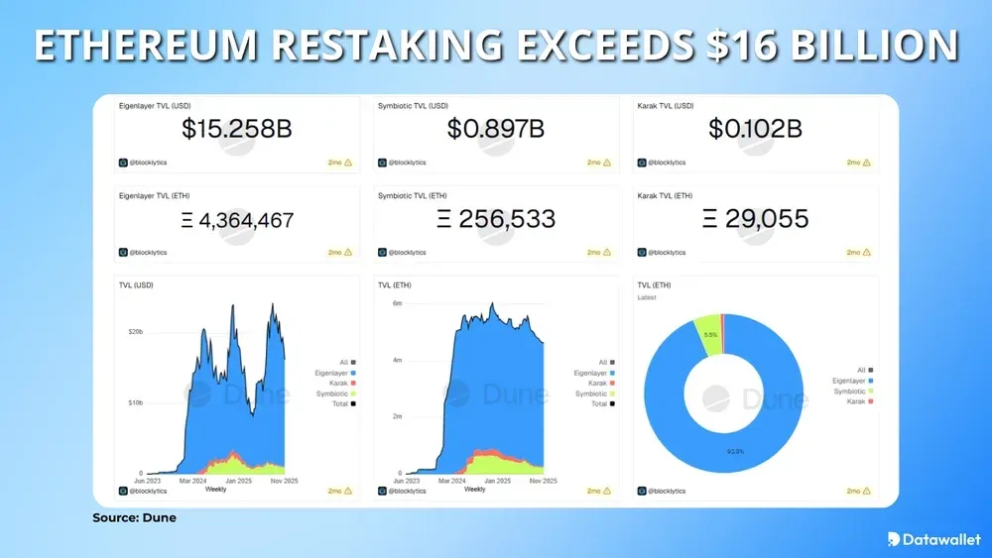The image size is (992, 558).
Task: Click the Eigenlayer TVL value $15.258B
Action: tap(237, 128)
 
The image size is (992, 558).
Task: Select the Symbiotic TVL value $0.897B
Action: tap(495, 128)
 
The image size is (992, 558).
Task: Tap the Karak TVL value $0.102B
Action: tap(755, 128)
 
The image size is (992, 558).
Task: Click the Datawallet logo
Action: tap(932, 538)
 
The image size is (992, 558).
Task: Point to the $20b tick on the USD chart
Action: tap(137, 331)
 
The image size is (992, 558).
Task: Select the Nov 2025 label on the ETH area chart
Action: tap(542, 481)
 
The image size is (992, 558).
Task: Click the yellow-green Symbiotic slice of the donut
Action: tap(707, 322)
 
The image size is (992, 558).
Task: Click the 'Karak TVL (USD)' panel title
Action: tap(667, 104)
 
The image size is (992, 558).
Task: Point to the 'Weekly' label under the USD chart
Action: tap(214, 489)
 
